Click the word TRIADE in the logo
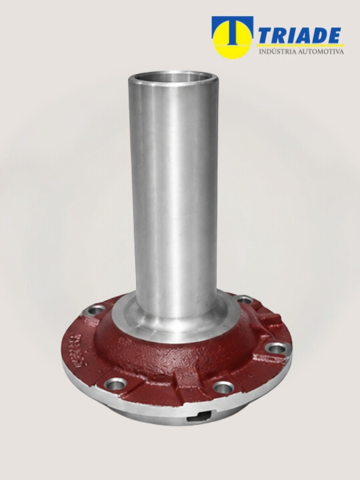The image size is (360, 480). [300, 35]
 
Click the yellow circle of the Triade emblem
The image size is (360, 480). [233, 39]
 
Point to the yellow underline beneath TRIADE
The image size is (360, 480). [301, 45]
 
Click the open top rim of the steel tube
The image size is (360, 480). [173, 77]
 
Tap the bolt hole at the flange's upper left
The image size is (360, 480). [94, 311]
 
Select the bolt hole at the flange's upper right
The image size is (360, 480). [244, 300]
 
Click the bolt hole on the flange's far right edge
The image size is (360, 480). [276, 348]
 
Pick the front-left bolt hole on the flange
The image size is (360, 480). [115, 383]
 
